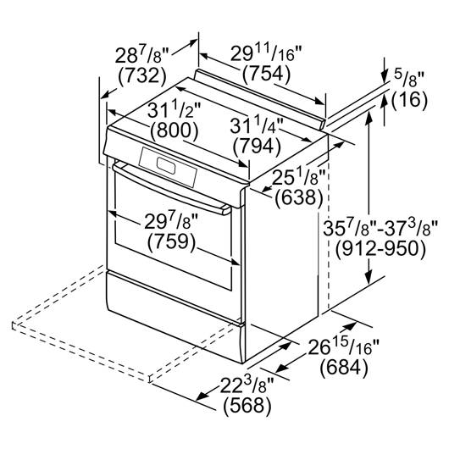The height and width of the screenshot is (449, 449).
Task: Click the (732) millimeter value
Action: click(x=142, y=76)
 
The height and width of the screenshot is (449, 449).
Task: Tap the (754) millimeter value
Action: click(x=267, y=74)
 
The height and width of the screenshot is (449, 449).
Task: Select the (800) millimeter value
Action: click(x=175, y=130)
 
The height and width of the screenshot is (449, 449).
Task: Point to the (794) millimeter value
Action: click(x=257, y=147)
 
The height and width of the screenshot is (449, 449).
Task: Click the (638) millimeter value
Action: click(x=299, y=197)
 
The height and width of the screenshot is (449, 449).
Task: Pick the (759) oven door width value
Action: click(x=172, y=241)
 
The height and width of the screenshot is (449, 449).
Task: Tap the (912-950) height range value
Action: click(x=380, y=249)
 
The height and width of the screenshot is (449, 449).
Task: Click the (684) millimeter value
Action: click(x=344, y=368)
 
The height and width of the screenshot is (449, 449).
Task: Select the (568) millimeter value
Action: click(x=247, y=406)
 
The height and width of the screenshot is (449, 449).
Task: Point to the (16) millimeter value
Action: click(x=409, y=100)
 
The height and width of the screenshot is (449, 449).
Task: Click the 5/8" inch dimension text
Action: click(x=408, y=79)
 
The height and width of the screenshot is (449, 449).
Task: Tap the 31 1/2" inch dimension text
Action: click(x=174, y=110)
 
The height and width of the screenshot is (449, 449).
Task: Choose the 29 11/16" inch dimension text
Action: click(x=266, y=53)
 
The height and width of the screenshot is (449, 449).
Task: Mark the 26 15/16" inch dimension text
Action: click(x=343, y=346)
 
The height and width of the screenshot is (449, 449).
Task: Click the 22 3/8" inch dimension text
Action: click(x=247, y=385)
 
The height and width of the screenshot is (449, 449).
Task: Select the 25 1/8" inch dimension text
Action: click(x=299, y=177)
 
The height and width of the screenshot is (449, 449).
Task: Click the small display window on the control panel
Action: click(x=166, y=166)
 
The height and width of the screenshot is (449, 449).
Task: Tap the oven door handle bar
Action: click(x=171, y=188)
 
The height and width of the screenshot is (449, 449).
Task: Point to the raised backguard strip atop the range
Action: click(x=259, y=99)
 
